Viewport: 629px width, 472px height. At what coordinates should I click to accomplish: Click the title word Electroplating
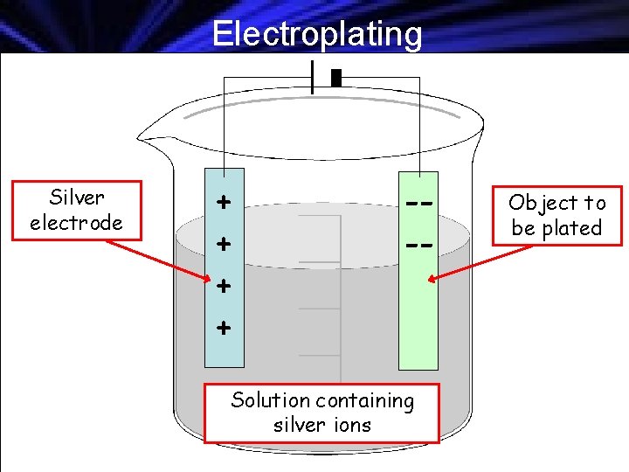pyautogui.click(x=317, y=34)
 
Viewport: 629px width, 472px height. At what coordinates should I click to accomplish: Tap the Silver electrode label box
pyautogui.click(x=76, y=211)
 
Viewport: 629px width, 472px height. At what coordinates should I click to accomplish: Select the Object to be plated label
pyautogui.click(x=556, y=215)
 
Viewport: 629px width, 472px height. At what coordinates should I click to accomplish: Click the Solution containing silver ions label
pyautogui.click(x=321, y=413)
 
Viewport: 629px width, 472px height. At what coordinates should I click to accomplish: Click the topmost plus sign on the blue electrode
pyautogui.click(x=225, y=203)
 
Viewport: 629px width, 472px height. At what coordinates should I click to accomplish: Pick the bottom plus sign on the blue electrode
pyautogui.click(x=225, y=329)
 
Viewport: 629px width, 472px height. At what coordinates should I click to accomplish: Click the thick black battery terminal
pyautogui.click(x=336, y=78)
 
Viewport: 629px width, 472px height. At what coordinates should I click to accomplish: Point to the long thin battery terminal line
pyautogui.click(x=312, y=77)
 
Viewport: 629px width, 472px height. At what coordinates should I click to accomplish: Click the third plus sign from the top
pyautogui.click(x=225, y=285)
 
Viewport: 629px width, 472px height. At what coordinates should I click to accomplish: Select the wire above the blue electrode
pyautogui.click(x=224, y=122)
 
